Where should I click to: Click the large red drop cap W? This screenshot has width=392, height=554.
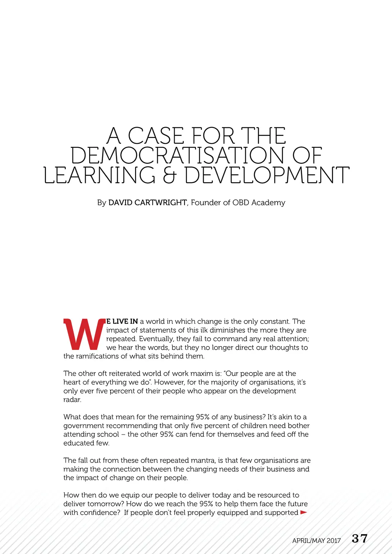pos(84,334)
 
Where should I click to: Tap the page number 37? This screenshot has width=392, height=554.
pos(359,539)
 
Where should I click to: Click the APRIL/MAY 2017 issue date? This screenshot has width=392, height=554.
pos(316,541)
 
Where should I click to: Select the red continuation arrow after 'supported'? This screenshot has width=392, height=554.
pos(304,512)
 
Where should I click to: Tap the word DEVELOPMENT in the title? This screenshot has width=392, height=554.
pos(267,176)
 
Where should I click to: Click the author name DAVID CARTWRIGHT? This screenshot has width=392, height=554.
pos(147,203)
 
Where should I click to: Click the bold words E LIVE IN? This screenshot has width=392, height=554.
pos(122,321)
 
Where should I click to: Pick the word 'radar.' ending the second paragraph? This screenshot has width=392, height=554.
pos(72,400)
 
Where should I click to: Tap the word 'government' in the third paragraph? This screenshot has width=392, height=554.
pos(83,426)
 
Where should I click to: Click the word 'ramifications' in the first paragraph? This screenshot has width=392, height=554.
pos(97,356)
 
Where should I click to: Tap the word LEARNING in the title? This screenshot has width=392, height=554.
pos(100,176)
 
